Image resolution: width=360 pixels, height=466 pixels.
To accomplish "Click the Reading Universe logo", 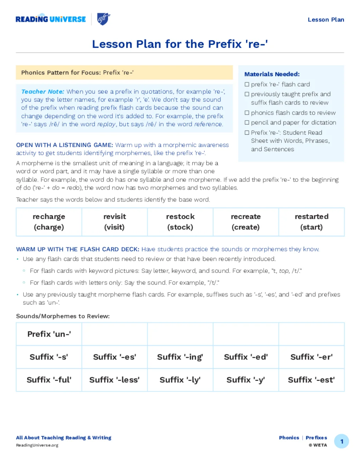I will [51, 19].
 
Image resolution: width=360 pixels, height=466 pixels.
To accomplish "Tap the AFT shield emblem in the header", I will [103, 19].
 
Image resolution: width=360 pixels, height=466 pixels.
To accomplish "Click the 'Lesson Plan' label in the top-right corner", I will [326, 20].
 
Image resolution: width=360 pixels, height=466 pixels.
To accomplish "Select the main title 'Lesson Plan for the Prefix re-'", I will [180, 44].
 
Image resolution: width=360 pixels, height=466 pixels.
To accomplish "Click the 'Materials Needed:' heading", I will [272, 74].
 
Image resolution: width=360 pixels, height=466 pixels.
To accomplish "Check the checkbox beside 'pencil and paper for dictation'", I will [247, 122].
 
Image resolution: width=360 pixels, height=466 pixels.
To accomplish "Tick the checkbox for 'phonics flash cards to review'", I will [247, 113].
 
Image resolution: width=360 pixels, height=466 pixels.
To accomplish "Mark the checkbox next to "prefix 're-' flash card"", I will [247, 84].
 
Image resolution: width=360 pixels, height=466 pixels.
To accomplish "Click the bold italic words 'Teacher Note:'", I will [43, 91].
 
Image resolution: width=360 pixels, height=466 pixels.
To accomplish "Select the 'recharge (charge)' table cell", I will [49, 222].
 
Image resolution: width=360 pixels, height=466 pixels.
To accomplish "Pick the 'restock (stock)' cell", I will [180, 222].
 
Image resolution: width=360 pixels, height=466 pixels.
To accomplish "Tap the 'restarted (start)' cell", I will [311, 222].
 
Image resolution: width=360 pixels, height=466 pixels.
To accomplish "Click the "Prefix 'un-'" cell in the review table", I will [49, 334].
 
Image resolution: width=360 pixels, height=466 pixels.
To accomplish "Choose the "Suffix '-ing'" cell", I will [180, 357].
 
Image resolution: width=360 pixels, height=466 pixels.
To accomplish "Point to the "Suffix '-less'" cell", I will [114, 380].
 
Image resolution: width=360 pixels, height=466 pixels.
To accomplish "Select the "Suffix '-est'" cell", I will [311, 380].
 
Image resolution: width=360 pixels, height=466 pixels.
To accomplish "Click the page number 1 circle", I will [341, 441].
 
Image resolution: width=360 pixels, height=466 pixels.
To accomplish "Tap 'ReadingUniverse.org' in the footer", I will [37, 445].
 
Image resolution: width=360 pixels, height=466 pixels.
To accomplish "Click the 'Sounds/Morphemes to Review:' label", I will [63, 316].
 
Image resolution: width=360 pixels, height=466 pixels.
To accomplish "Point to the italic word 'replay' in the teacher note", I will [106, 124].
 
